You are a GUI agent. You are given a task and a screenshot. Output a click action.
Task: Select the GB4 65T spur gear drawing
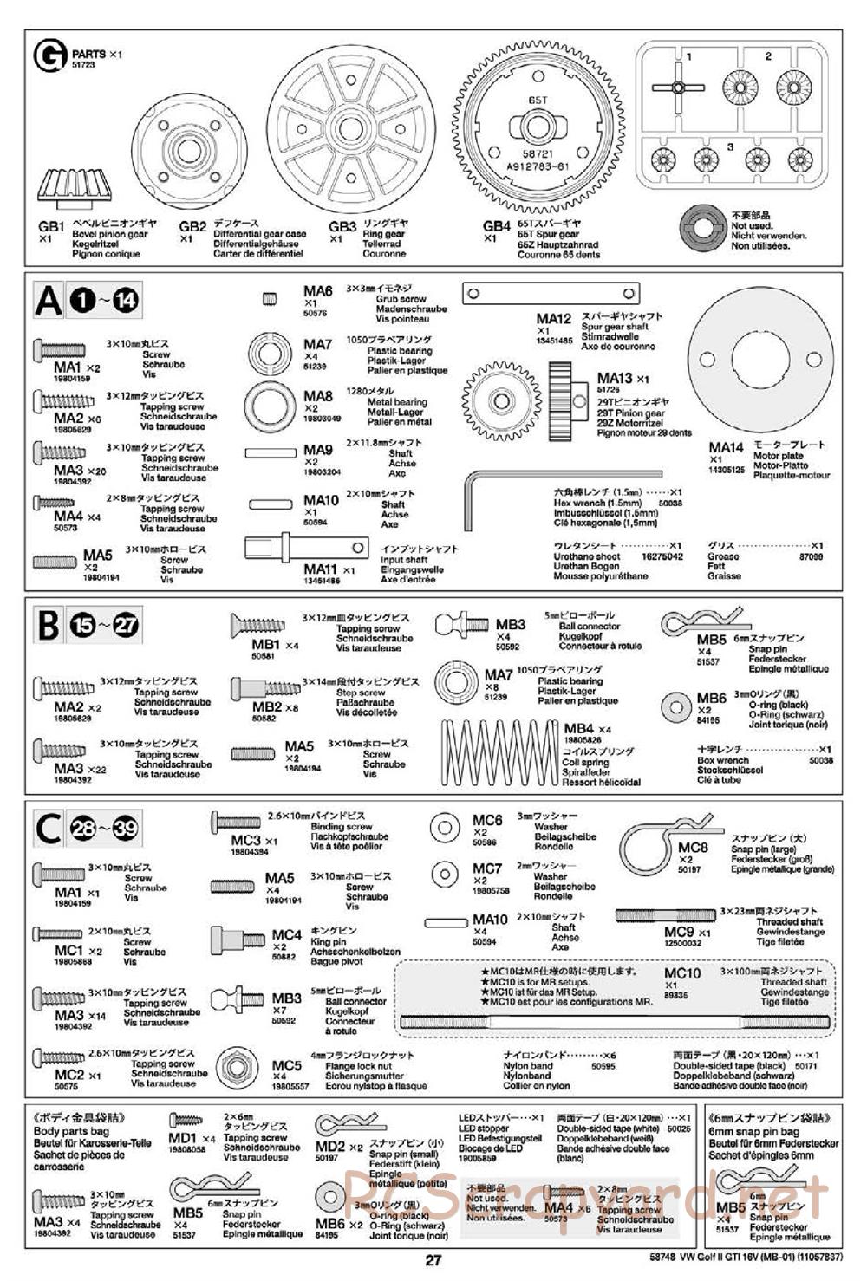click(537, 126)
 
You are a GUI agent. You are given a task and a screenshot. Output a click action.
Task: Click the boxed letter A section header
click(49, 302)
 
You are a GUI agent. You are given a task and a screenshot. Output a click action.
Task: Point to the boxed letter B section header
click(48, 625)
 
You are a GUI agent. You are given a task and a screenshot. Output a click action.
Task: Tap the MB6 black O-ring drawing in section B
click(675, 706)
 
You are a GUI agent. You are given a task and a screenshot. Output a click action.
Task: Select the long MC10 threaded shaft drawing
click(616, 1024)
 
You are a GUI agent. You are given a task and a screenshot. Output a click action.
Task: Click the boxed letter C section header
click(48, 829)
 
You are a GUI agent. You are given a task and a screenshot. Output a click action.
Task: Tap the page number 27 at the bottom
click(433, 1261)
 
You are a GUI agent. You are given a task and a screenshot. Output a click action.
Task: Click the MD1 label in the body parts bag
click(183, 1138)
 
